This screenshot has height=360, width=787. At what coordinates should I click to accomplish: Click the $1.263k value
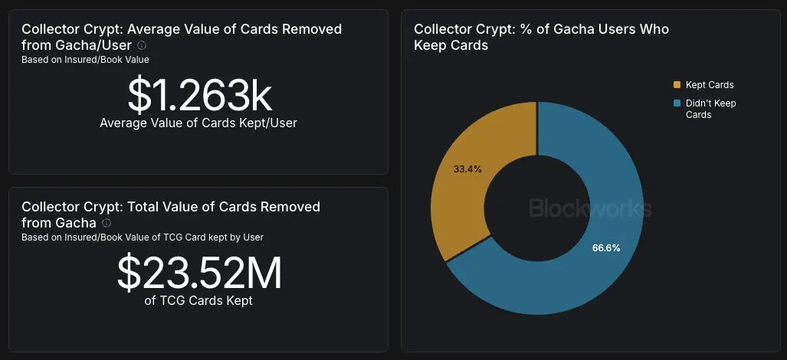coord(199,95)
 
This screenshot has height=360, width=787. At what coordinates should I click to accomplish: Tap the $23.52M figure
coord(199,273)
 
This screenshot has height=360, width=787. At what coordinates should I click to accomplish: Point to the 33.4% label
coord(467,169)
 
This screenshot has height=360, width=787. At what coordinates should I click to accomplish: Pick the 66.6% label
coord(606,247)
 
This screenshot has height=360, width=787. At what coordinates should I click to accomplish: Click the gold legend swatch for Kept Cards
coord(677,85)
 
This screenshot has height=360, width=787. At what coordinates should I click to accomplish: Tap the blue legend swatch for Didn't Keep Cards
coord(677,103)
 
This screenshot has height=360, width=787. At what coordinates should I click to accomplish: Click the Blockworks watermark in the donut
coord(590,208)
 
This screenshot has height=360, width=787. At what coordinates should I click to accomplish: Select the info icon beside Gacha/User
coord(142,45)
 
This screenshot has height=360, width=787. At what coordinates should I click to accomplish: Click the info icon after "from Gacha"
coord(107,223)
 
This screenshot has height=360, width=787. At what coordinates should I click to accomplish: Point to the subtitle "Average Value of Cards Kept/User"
coord(198,123)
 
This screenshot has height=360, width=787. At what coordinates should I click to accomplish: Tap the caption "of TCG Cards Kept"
coord(198,300)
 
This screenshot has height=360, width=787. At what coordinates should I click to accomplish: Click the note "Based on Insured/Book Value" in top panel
coord(85,59)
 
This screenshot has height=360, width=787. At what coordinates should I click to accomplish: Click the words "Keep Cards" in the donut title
coord(451,45)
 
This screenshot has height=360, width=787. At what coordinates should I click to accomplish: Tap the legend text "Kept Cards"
coord(710,85)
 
